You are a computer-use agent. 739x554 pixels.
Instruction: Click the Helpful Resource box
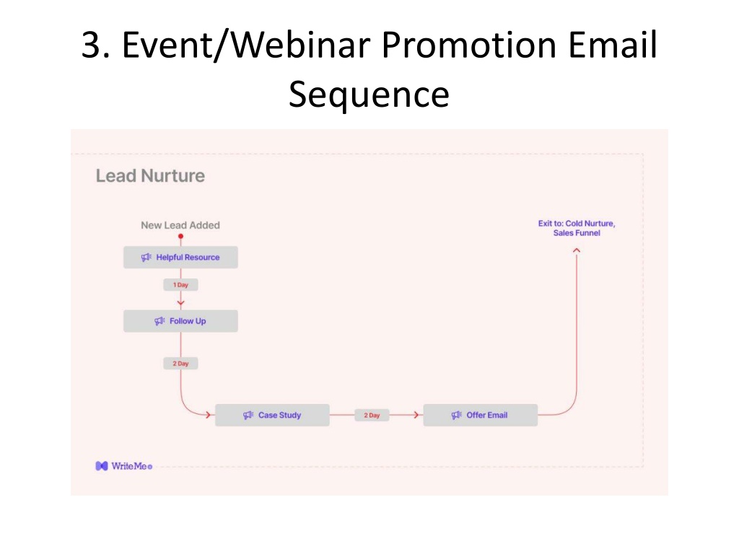(x=180, y=258)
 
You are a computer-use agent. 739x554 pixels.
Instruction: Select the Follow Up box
(x=180, y=321)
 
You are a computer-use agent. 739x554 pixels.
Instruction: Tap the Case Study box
(x=272, y=415)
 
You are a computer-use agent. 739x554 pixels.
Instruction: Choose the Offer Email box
(x=480, y=415)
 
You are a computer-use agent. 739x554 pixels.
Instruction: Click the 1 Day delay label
(x=180, y=284)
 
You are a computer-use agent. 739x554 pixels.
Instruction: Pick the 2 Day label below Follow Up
(x=180, y=364)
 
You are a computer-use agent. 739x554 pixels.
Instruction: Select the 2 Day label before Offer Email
(x=372, y=415)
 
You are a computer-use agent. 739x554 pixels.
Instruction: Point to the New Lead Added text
(x=180, y=225)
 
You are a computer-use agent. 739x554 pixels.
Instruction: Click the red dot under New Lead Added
(x=180, y=237)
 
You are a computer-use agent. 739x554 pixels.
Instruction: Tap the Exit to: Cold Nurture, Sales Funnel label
(x=577, y=228)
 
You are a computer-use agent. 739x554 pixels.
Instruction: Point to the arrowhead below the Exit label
(x=577, y=250)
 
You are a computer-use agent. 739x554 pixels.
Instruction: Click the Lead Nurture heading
(x=150, y=176)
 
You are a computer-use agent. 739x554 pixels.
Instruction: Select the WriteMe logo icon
(x=101, y=466)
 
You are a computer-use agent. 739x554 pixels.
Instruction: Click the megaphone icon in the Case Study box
(x=248, y=415)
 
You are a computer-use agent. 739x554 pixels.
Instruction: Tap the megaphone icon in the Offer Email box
(x=456, y=415)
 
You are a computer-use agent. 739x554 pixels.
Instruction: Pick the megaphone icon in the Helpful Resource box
(x=146, y=258)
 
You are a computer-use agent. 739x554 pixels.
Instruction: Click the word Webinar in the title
(x=301, y=45)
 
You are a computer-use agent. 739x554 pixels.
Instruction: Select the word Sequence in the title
(x=369, y=94)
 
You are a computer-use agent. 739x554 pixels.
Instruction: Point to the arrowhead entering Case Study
(x=208, y=415)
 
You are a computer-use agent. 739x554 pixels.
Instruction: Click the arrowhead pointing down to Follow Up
(x=180, y=304)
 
